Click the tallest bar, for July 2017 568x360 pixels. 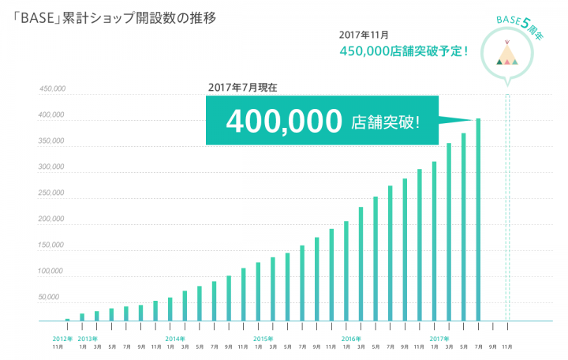point(478,220)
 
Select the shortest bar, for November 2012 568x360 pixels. point(67,320)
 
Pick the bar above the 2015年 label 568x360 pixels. point(258,292)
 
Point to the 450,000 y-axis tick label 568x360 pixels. point(51,88)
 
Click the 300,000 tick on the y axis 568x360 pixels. point(51,167)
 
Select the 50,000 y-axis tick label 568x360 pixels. point(53,298)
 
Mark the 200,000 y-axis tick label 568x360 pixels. point(51,219)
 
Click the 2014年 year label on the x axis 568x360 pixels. point(174,338)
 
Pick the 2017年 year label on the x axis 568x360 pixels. point(439,338)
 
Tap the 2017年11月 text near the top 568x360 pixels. point(363,34)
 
